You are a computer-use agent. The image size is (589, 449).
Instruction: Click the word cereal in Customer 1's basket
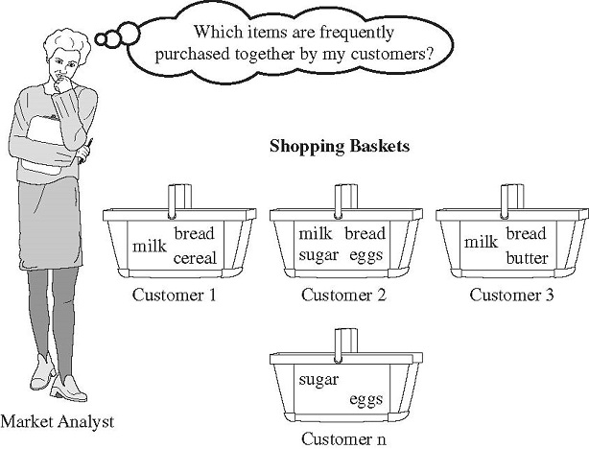point(195,257)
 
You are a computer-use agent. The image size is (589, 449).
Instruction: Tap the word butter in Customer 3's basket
point(527,257)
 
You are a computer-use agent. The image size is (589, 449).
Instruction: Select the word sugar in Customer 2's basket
point(318,256)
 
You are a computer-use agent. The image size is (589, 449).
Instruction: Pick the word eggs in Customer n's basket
point(365,400)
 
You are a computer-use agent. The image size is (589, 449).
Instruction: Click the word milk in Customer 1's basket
point(150,247)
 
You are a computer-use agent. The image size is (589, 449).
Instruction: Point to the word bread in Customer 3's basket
point(526,234)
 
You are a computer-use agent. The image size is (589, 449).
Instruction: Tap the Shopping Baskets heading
point(341,147)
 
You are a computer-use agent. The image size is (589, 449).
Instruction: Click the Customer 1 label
point(175,295)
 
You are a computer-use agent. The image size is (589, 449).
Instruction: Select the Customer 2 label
point(342,295)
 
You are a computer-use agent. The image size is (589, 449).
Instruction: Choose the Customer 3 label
point(511,295)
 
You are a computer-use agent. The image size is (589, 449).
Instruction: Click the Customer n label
point(342,438)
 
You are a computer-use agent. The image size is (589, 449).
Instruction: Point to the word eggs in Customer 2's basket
point(365,256)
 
